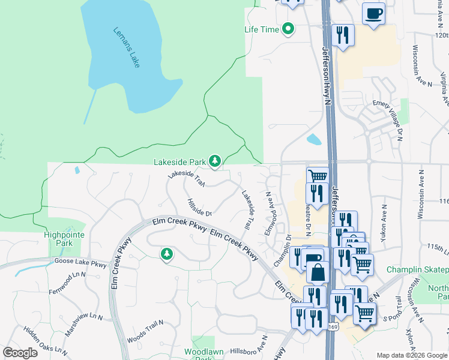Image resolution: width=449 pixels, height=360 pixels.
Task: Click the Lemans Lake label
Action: tap(126, 47)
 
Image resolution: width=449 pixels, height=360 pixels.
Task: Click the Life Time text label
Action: tap(262, 29)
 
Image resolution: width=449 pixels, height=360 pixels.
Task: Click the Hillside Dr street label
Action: tap(199, 208)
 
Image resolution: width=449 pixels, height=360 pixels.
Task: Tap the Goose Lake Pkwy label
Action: tap(80, 262)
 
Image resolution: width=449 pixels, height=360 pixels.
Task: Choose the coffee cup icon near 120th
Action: tap(374, 13)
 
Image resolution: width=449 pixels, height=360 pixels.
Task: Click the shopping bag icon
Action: tap(318, 272)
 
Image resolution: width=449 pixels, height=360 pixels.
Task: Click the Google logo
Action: tap(20, 353)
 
